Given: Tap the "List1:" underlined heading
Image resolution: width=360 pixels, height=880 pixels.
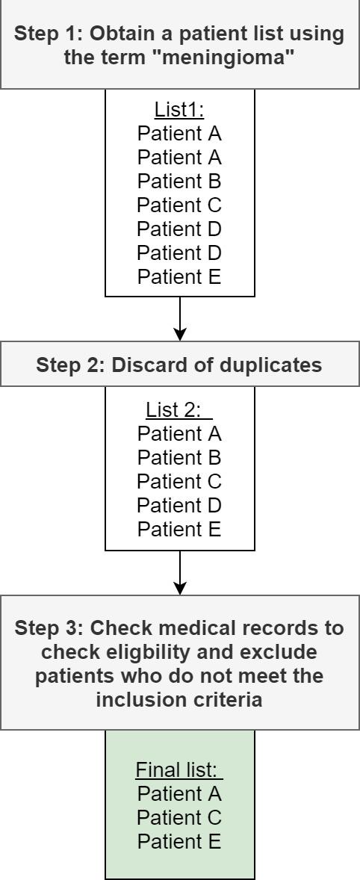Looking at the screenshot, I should [x=179, y=111].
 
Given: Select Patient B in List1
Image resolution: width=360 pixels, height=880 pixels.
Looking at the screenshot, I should [x=179, y=182].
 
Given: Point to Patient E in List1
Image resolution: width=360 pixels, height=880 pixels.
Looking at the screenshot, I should [x=179, y=277].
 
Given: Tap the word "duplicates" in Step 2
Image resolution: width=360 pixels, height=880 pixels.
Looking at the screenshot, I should [x=273, y=365].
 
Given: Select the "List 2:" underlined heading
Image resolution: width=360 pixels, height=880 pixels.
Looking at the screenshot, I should [x=179, y=409].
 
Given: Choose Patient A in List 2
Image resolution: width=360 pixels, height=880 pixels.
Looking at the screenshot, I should [x=179, y=433].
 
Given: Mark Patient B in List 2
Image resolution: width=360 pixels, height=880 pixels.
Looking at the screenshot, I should [x=179, y=457].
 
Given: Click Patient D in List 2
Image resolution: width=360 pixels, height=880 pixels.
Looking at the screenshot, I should [x=179, y=505].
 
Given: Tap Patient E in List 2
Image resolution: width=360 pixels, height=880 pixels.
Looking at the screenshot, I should [x=179, y=529].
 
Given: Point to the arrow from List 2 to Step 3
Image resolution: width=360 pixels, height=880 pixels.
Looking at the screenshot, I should [x=180, y=573].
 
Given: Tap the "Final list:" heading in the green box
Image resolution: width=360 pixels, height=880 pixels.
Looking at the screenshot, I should [x=179, y=769].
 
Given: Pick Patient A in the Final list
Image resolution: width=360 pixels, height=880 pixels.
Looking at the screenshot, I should [x=179, y=793].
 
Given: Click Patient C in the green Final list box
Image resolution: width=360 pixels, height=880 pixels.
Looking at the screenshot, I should [x=179, y=817].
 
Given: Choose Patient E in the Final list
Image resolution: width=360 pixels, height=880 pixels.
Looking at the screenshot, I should [x=179, y=841].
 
